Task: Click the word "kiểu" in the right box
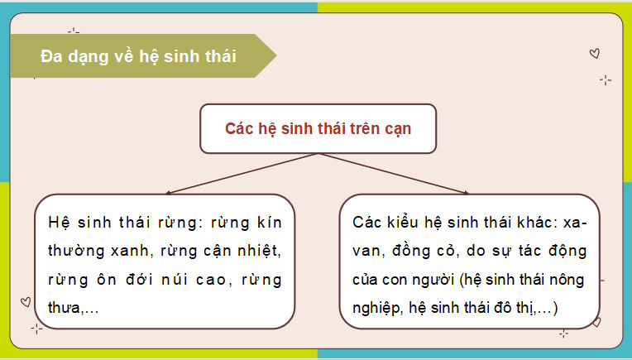click(x=401, y=222)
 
